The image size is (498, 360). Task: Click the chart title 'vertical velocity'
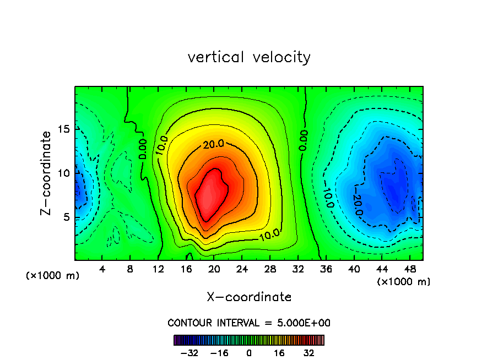(x=249, y=57)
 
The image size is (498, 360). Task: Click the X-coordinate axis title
(x=249, y=297)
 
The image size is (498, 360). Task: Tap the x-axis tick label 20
(x=214, y=269)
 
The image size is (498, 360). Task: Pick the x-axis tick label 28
(x=270, y=269)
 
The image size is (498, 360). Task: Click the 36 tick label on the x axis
(x=326, y=269)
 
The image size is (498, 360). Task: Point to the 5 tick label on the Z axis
(x=67, y=217)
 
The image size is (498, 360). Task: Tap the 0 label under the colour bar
(x=249, y=353)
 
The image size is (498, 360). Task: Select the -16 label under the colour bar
(x=220, y=353)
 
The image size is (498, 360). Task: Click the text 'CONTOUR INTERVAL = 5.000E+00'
(x=249, y=323)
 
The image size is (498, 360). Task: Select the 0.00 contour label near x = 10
(x=142, y=149)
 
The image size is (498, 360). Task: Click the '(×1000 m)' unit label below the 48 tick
(x=404, y=281)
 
